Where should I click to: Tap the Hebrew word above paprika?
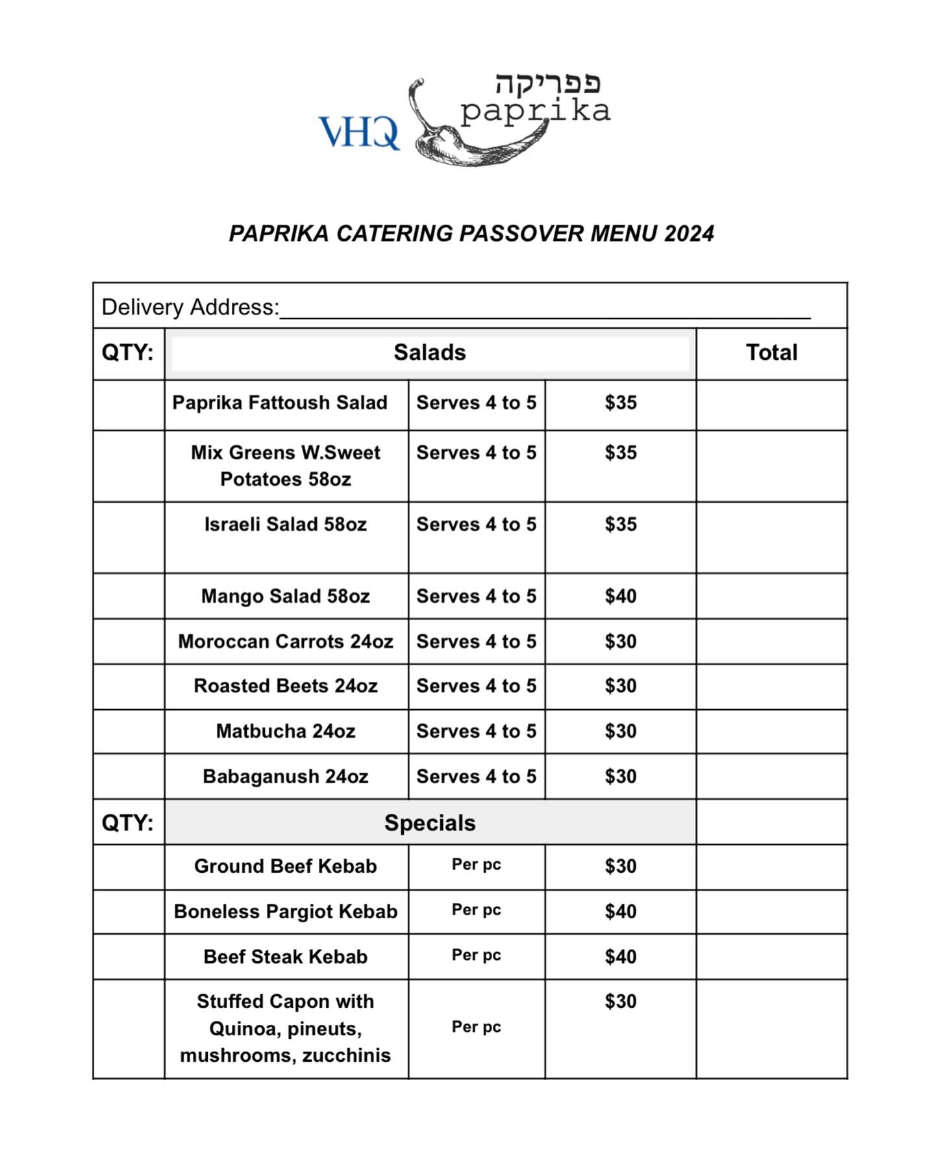547,83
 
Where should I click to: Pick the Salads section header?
430,353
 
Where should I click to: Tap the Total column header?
771,353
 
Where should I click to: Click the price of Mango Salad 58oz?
620,596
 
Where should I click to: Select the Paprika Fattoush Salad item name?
280,403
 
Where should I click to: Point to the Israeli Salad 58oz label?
286,524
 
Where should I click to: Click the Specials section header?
430,823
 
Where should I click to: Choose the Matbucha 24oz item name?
286,731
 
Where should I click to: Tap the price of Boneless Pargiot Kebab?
620,911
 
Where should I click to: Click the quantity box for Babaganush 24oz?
129,776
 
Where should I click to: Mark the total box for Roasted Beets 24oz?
771,686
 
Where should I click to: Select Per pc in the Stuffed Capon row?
476,1027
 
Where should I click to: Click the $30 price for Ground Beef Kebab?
620,866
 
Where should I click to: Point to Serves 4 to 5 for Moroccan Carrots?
476,642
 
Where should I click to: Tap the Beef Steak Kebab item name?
286,957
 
